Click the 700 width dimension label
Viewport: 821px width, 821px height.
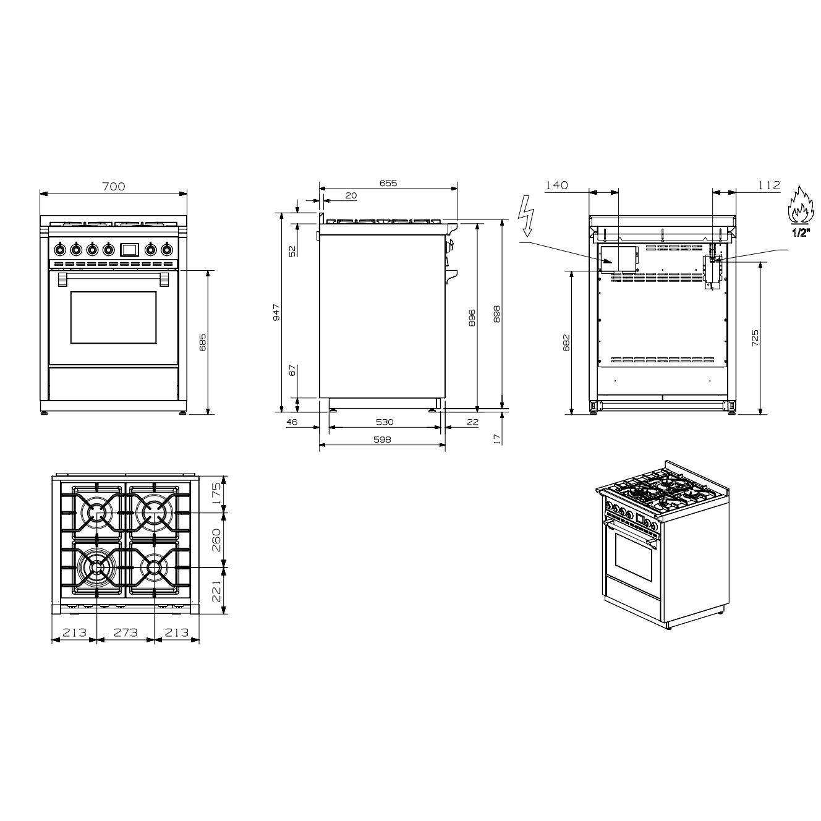(x=114, y=185)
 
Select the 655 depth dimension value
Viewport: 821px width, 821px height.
(x=388, y=183)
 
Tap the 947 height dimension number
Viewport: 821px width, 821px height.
(x=277, y=312)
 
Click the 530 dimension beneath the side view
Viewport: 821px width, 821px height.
(x=385, y=422)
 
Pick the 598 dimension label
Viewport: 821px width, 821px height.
(x=381, y=440)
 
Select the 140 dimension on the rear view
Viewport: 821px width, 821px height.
(x=557, y=185)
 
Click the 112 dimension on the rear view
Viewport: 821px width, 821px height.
(x=769, y=185)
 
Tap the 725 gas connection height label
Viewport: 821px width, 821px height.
(x=755, y=339)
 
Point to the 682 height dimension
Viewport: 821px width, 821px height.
(x=566, y=342)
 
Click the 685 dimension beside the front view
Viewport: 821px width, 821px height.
(x=203, y=342)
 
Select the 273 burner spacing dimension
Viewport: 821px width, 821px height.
(x=125, y=632)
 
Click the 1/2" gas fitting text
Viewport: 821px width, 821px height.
(x=799, y=234)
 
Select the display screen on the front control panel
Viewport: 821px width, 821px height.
(x=129, y=249)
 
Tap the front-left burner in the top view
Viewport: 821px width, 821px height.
(x=97, y=567)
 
